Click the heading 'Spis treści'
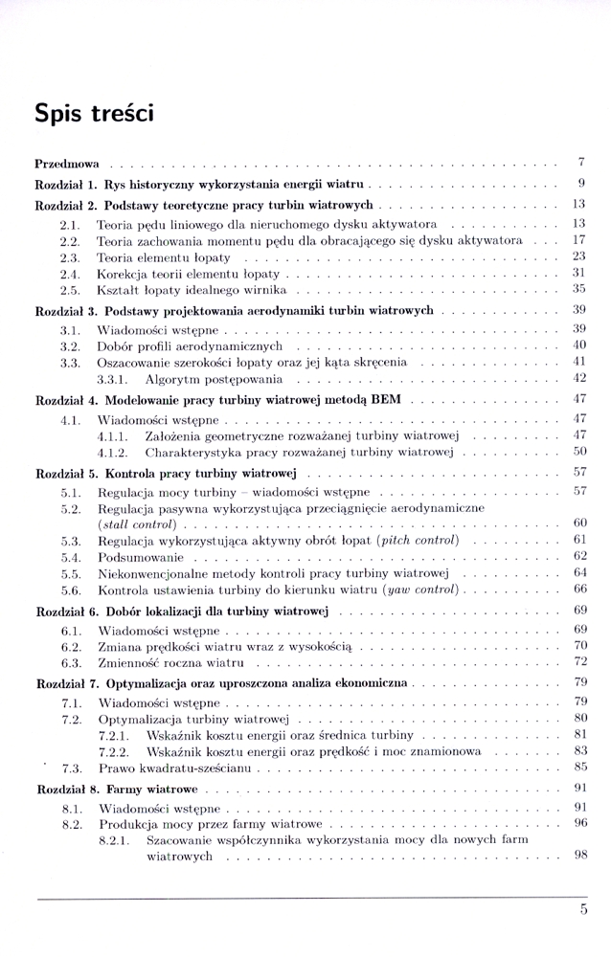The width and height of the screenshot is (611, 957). (94, 112)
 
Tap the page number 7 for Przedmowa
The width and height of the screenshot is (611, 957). (582, 163)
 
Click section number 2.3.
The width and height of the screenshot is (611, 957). (69, 257)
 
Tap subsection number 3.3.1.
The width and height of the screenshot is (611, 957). (115, 378)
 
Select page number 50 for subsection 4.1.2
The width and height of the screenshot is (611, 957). (578, 452)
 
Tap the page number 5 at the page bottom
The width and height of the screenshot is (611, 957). (583, 909)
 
